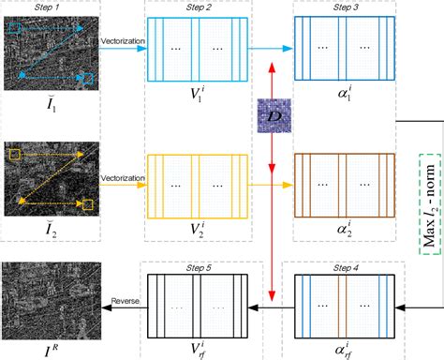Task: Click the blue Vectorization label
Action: [122, 41]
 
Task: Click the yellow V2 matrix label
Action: [196, 226]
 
